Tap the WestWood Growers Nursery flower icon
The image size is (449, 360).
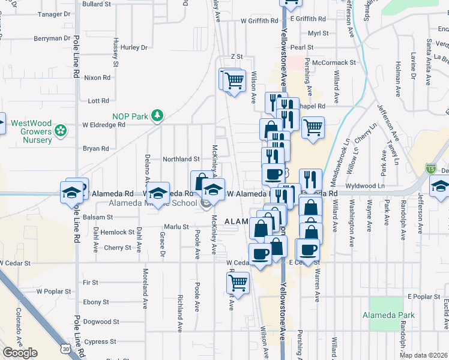tap(61, 130)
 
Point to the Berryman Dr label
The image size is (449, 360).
tap(52, 38)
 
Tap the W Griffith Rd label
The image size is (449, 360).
tap(259, 20)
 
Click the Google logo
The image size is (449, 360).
tap(20, 353)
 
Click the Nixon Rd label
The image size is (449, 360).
tap(97, 77)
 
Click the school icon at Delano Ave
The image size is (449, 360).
tap(158, 193)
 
